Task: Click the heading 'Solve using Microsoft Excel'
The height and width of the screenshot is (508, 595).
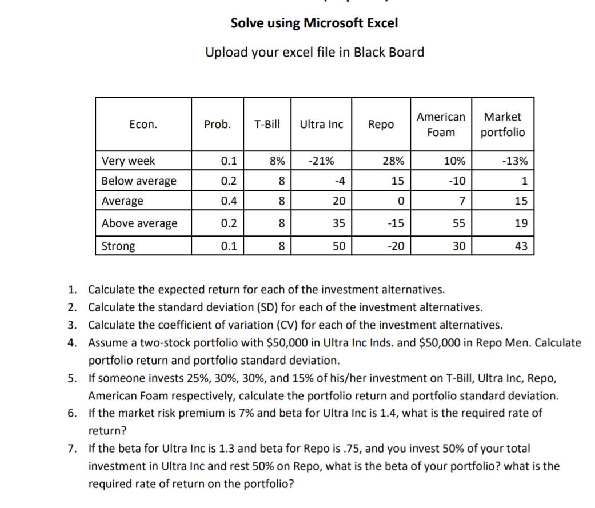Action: click(314, 23)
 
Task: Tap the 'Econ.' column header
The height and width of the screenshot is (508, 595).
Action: click(143, 125)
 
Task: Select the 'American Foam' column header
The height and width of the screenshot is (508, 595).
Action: click(441, 125)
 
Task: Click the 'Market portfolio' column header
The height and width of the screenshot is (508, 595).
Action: click(502, 125)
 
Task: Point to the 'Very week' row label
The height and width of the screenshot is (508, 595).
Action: click(128, 161)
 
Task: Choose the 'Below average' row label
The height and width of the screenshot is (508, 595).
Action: click(139, 181)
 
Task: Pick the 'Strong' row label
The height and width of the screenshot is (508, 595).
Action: click(118, 246)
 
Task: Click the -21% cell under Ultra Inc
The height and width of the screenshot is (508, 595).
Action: click(322, 161)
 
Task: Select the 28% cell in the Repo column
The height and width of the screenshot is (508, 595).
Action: click(393, 161)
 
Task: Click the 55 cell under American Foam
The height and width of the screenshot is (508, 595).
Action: click(459, 223)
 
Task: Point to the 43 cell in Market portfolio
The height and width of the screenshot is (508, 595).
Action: click(521, 246)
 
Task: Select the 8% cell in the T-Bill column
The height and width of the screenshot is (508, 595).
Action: click(277, 161)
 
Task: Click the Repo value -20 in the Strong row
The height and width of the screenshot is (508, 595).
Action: click(395, 246)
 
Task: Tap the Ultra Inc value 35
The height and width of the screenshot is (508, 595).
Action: click(339, 223)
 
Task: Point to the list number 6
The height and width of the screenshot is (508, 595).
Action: click(71, 413)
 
